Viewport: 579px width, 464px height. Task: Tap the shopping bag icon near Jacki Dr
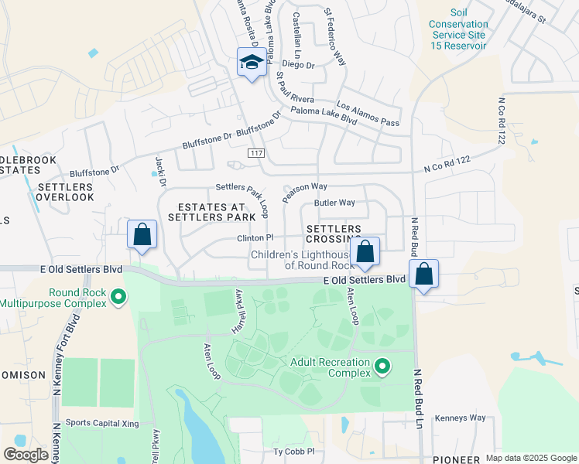[142, 235]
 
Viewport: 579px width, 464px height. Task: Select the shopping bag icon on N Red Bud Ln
[424, 275]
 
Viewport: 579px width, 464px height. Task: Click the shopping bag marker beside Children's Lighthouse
[365, 252]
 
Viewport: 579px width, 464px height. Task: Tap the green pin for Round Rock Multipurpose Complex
[118, 296]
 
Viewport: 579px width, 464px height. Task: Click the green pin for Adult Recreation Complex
[381, 365]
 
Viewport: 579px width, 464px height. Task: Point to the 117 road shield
[256, 154]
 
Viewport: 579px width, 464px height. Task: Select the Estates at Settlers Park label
[211, 213]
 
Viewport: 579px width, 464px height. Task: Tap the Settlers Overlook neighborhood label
[65, 192]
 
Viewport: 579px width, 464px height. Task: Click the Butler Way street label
[334, 203]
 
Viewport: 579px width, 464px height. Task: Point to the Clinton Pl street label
[255, 238]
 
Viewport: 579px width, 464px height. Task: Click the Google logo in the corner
[26, 454]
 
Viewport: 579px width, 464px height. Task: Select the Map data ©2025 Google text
[530, 458]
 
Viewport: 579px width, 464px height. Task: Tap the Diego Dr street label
[298, 65]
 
